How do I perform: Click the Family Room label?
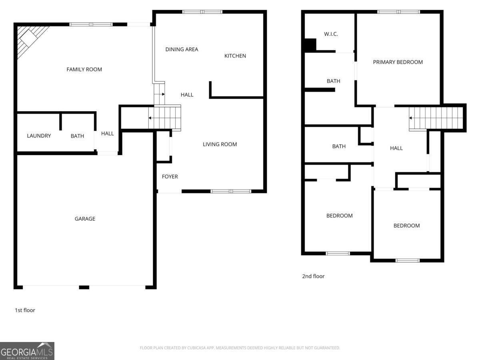(84, 70)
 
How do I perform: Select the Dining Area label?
(182, 50)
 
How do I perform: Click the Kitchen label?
(235, 56)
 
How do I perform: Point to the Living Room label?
(220, 144)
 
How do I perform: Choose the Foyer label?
(170, 177)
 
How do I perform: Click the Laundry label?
(39, 136)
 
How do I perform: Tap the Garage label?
(85, 219)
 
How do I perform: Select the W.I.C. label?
(331, 34)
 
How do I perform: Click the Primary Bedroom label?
(398, 62)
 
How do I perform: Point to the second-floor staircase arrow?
(411, 118)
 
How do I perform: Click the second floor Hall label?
(396, 148)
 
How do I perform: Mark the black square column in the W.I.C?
(310, 44)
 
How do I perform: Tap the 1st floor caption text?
(25, 310)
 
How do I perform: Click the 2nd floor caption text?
(313, 276)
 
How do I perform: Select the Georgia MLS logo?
(27, 351)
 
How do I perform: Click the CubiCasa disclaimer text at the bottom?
(240, 348)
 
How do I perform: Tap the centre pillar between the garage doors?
(84, 287)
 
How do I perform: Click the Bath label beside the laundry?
(77, 136)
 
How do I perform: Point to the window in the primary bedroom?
(398, 12)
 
